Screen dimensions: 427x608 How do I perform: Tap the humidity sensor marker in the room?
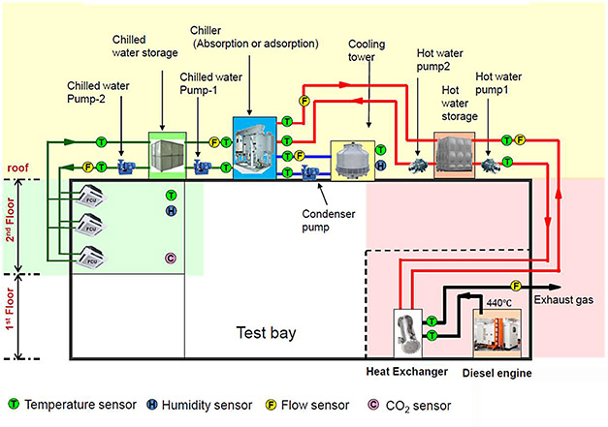pos(171,210)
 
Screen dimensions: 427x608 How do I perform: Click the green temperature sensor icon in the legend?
pos(13,402)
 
